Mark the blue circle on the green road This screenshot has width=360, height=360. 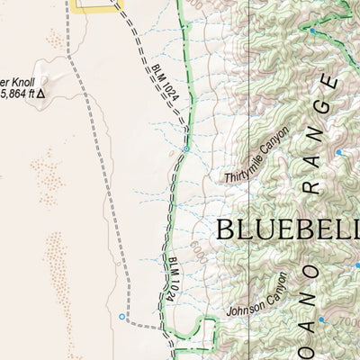pyautogui.click(x=185, y=148)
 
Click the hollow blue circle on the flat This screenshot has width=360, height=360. pyautogui.click(x=122, y=316)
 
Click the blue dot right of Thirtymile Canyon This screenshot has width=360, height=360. pyautogui.click(x=338, y=153)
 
